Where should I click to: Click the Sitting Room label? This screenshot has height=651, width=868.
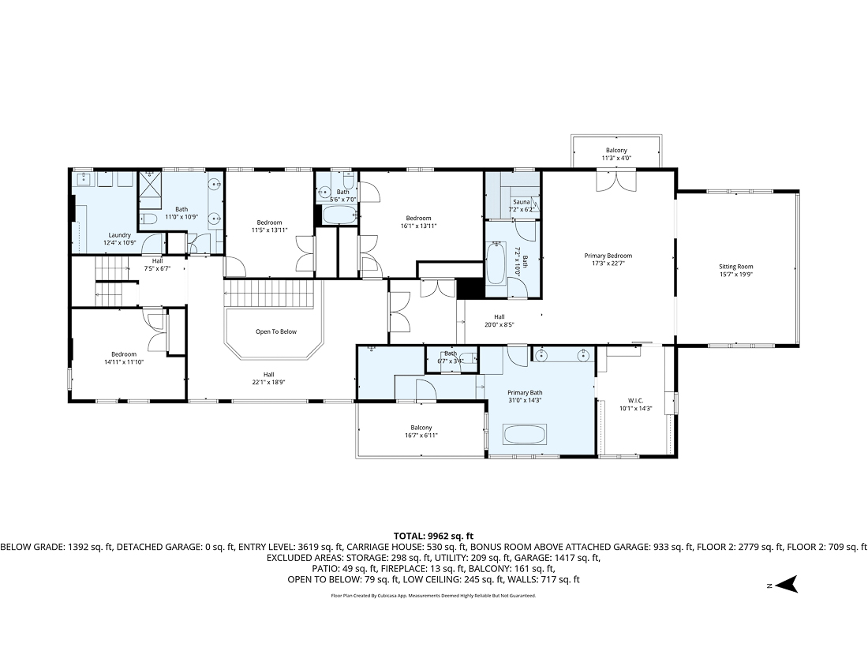click(735, 271)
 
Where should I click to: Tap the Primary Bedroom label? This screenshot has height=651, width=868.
click(608, 260)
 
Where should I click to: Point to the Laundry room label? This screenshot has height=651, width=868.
click(119, 238)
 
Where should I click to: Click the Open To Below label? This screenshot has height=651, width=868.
click(276, 331)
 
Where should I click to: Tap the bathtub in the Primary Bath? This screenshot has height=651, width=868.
click(525, 435)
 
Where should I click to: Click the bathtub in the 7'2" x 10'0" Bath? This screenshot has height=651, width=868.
click(496, 264)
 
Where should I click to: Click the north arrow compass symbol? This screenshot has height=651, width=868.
click(787, 585)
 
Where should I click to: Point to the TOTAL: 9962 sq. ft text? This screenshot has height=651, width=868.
click(433, 536)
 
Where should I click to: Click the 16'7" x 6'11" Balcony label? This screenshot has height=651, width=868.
click(421, 432)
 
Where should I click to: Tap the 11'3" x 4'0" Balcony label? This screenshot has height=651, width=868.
click(616, 154)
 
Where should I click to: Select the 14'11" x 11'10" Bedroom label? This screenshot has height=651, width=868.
click(124, 357)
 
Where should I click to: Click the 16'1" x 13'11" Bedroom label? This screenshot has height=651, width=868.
click(418, 222)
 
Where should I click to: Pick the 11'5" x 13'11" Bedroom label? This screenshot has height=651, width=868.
click(270, 226)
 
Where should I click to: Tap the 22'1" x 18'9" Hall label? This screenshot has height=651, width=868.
click(268, 379)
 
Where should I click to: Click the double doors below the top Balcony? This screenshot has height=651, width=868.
click(615, 181)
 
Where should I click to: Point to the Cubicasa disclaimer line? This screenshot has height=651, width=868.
click(433, 596)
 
